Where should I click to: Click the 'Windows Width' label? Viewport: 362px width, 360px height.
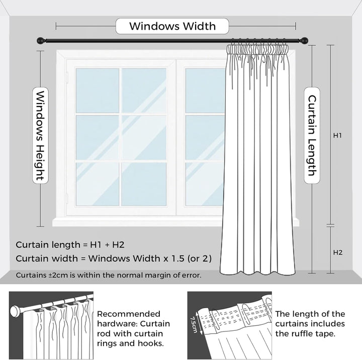coord(172,26)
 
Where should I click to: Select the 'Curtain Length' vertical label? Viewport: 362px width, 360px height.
coord(311,136)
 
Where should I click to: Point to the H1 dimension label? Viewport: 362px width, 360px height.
coord(338,136)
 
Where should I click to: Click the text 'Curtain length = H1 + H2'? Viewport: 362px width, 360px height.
coord(70,245)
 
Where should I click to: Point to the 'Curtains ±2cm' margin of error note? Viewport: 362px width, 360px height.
coord(109,275)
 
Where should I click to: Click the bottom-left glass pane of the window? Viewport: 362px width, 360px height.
coord(97,183)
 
